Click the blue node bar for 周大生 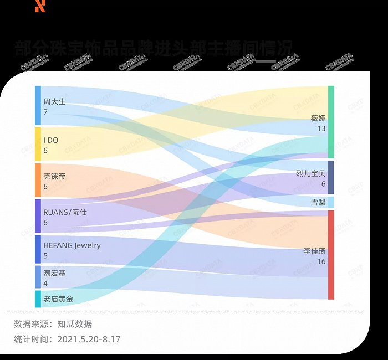[38, 106]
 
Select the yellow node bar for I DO [38, 143]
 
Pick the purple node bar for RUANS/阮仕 [38, 215]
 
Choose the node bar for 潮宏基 [38, 277]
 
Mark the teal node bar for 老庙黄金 [38, 299]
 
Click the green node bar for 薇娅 [331, 122]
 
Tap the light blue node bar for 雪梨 [331, 202]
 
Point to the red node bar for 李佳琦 [331, 255]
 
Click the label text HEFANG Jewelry [72, 245]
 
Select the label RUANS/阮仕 [65, 212]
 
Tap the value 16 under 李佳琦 [321, 261]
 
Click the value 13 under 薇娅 [321, 128]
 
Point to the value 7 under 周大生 [45, 112]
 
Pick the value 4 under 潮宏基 [45, 284]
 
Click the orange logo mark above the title [40, 6]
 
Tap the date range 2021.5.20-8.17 [89, 339]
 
